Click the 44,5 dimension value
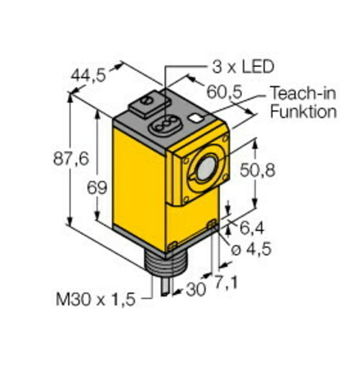coord(89,75)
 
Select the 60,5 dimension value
coord(224,92)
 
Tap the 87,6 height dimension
coord(71,159)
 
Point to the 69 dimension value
coord(96,188)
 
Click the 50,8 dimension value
coord(257,170)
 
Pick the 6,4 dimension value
coord(251,228)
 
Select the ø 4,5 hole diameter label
coord(251,249)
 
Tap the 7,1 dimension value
coord(226,283)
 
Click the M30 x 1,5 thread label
coord(96,300)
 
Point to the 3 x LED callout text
coord(243,66)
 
